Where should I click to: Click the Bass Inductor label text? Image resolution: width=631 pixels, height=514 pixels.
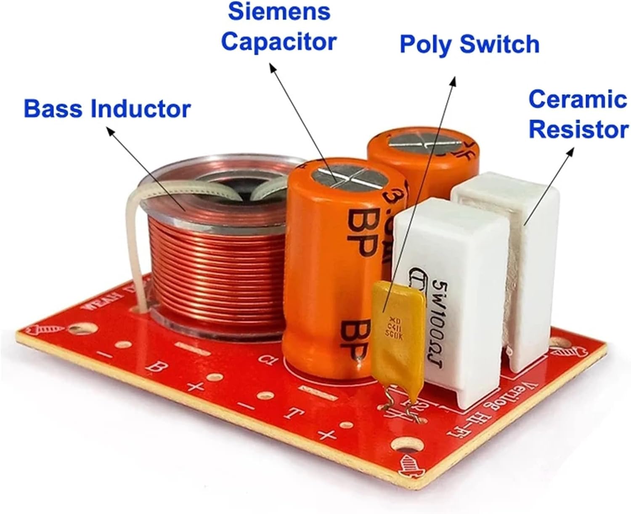107,109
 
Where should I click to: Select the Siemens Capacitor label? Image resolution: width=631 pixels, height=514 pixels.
278,26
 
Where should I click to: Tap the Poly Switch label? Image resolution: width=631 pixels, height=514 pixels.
469,44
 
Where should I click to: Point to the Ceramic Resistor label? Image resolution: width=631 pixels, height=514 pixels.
578,114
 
